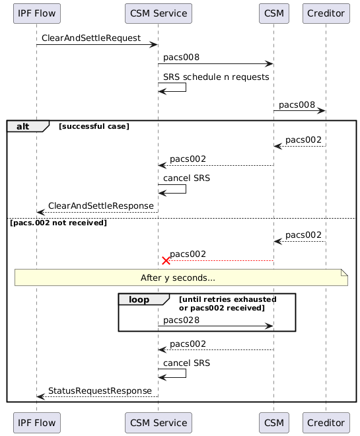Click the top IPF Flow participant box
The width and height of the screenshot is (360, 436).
tap(36, 13)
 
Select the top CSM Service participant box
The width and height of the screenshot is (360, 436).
tap(158, 13)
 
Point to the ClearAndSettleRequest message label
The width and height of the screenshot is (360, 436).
tap(90, 38)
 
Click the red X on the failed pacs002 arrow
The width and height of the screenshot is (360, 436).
tap(166, 261)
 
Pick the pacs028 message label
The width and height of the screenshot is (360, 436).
tap(182, 320)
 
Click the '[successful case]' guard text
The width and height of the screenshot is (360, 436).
tap(94, 126)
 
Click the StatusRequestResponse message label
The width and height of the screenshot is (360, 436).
tap(99, 390)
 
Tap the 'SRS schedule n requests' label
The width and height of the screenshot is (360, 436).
tap(216, 77)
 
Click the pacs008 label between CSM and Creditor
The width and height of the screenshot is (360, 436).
tap(297, 105)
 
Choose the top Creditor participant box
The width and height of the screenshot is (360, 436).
tap(326, 13)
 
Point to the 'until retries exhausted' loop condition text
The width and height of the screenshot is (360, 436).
tap(227, 299)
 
